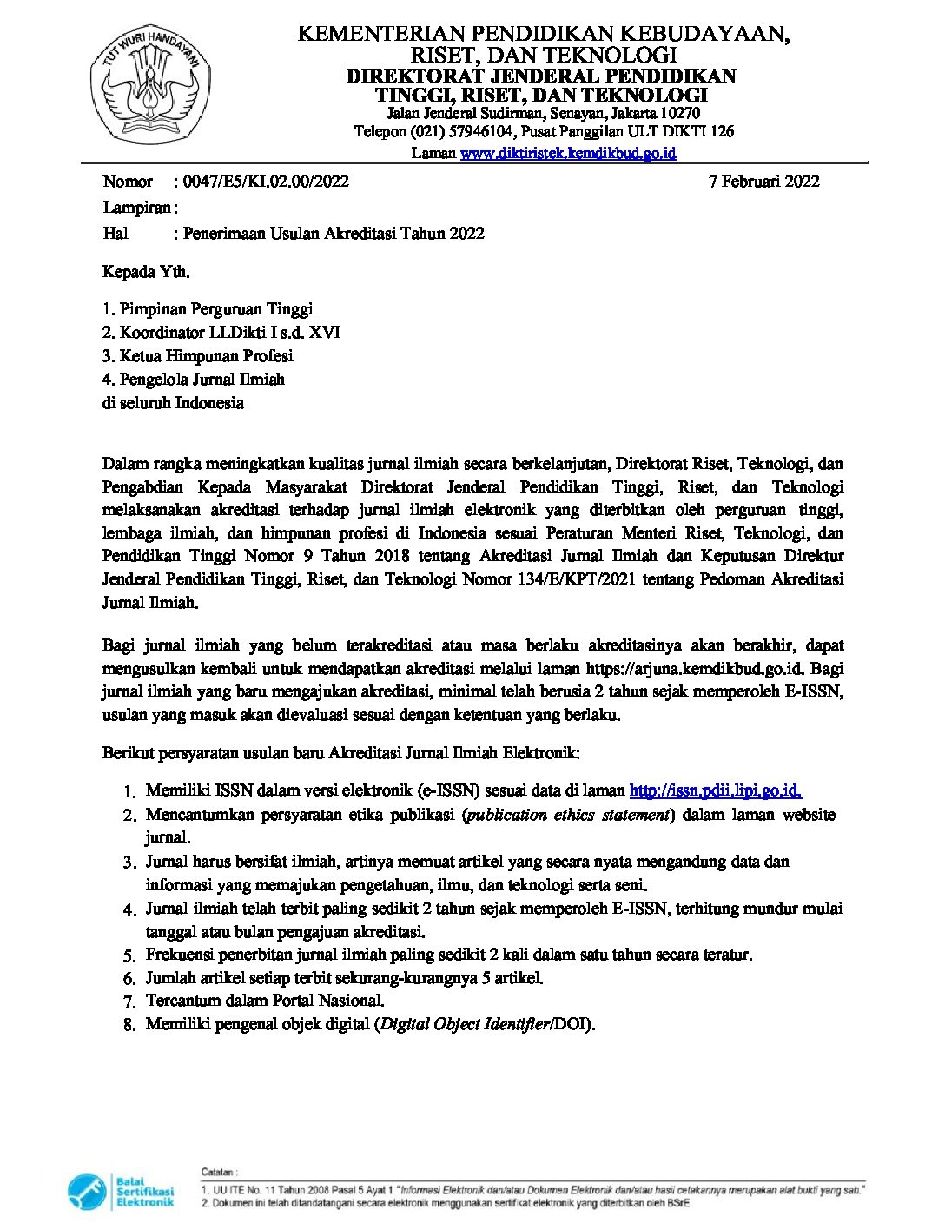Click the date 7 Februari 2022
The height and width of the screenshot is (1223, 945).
coord(763,182)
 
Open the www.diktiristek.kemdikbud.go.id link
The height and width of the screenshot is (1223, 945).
coord(568,154)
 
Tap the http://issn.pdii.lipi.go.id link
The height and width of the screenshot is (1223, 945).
coord(715,790)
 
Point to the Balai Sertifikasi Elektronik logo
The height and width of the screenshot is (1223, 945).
coord(121,1190)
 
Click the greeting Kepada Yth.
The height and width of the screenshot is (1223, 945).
coord(146,272)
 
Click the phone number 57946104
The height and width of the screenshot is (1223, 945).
coord(480,132)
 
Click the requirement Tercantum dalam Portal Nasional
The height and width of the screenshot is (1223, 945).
coord(265,1001)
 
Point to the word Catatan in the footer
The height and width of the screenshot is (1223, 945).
coord(219,1173)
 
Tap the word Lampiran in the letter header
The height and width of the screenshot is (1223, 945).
coord(137,208)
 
